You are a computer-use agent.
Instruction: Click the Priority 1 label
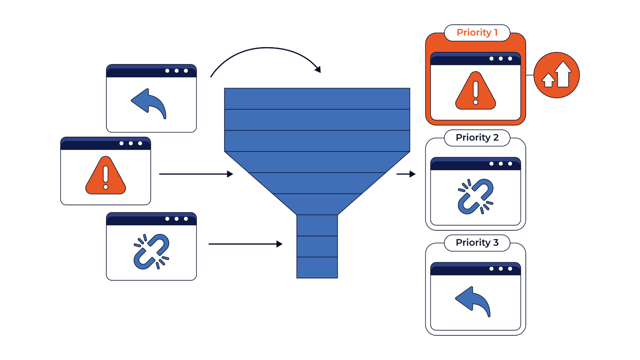[477, 32]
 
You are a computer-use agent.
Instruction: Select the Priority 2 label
[477, 138]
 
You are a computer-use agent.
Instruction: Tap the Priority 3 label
[477, 242]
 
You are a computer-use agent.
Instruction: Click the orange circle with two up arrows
[556, 75]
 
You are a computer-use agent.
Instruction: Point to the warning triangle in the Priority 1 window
[476, 91]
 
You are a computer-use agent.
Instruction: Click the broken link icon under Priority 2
[476, 196]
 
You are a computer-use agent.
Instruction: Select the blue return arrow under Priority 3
[473, 302]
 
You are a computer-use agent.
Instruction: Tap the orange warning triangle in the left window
[106, 176]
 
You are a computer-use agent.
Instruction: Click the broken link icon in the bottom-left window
[152, 252]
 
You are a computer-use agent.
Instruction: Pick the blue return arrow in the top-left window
[148, 104]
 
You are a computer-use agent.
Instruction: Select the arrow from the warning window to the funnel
[196, 174]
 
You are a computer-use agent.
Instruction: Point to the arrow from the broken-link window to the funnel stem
[246, 244]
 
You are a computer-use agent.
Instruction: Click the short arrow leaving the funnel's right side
[406, 174]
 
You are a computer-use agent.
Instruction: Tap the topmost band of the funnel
[317, 99]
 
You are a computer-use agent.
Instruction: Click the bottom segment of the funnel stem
[317, 268]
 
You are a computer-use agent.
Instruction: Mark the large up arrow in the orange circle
[563, 74]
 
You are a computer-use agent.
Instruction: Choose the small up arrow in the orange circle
[548, 80]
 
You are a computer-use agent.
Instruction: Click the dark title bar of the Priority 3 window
[476, 269]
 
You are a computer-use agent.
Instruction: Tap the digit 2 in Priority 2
[496, 138]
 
